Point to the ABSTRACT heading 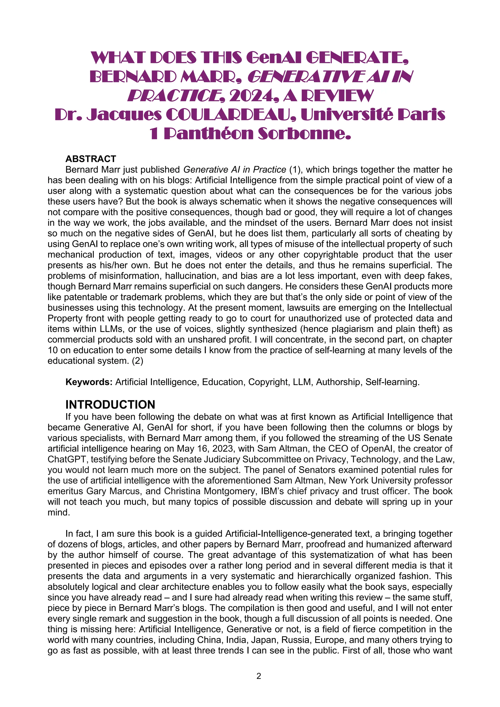pos(91,159)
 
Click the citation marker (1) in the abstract pos(294,170)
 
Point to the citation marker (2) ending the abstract pos(137,361)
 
